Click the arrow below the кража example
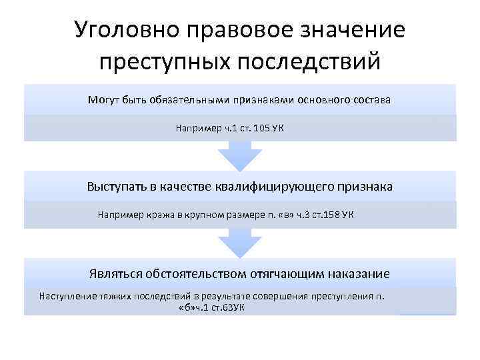(x=239, y=243)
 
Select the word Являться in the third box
(x=113, y=274)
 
